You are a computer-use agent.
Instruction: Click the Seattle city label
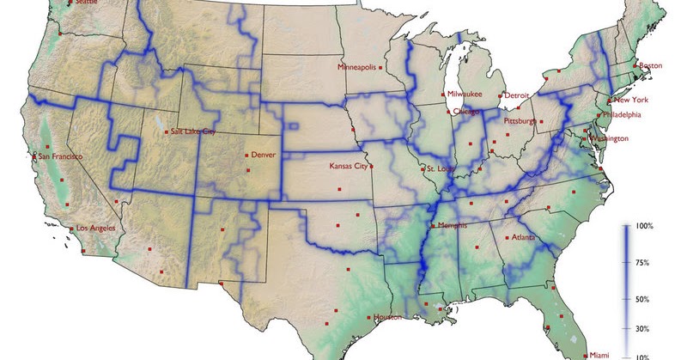(87, 3)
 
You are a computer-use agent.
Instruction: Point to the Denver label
(264, 155)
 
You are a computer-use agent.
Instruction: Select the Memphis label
(452, 226)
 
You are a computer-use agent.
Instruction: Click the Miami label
(599, 354)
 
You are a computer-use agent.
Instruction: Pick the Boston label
(651, 66)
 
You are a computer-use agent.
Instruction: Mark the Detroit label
(516, 95)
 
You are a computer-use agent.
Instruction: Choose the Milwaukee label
(465, 94)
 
